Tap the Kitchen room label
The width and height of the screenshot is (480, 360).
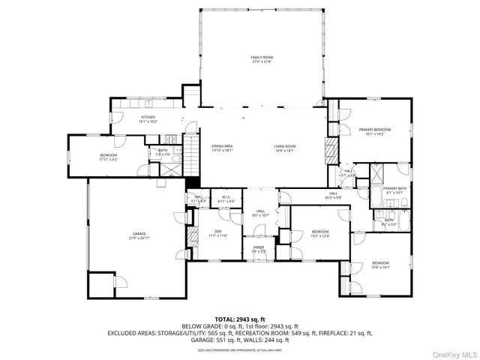tap(148, 118)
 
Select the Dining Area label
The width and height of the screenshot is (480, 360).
tap(222, 148)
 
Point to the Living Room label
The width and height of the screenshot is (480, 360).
tap(285, 148)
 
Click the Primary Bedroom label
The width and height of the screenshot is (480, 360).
tap(373, 132)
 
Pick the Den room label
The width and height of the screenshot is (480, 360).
tap(217, 232)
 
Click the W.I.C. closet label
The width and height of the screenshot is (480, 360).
tap(226, 199)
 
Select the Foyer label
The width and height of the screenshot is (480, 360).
tap(258, 248)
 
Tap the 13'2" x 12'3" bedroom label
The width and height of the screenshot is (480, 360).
tap(320, 233)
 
